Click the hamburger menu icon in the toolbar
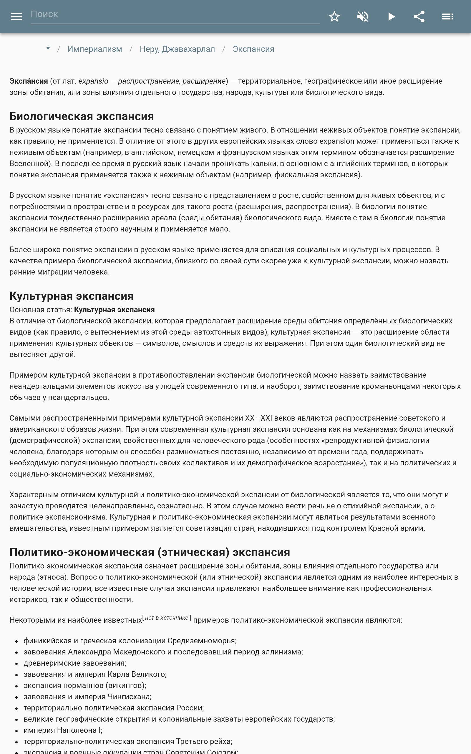pos(16,16)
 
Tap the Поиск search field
pos(175,14)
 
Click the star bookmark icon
pos(334,16)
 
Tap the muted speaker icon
pos(363,16)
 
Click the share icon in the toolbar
pos(419,16)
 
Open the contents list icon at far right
pos(447,16)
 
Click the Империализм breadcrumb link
pos(95,49)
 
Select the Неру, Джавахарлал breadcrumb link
pos(177,49)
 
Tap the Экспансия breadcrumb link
pos(253,49)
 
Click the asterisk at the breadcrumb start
pos(48,49)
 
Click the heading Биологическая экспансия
pos(82,116)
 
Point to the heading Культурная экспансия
pos(71,296)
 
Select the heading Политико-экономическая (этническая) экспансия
pos(150,552)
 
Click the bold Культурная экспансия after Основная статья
pos(114,310)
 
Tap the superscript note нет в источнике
pos(167,618)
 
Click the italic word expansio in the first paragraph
pos(93,81)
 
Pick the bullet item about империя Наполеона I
pos(63,730)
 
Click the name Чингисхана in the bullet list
pos(129,696)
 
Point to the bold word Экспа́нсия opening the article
pos(29,81)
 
